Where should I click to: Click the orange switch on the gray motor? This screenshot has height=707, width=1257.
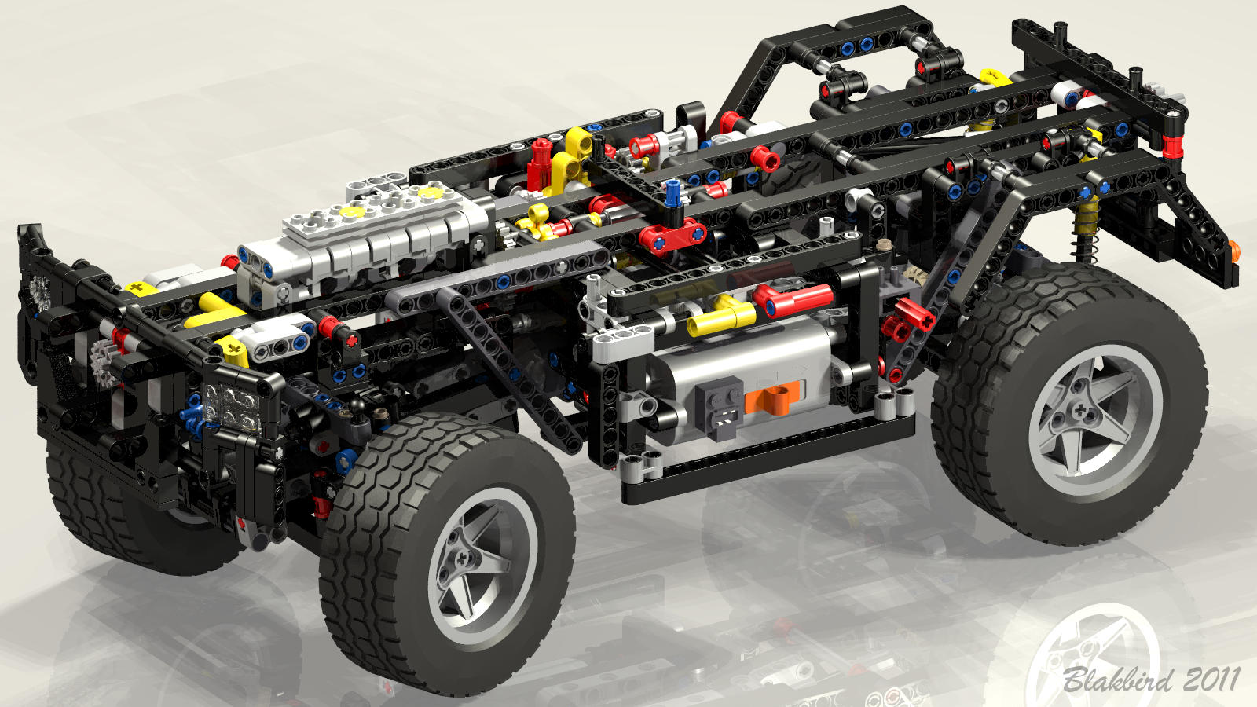click(x=772, y=397)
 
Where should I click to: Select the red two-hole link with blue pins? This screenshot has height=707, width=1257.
click(x=672, y=236)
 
